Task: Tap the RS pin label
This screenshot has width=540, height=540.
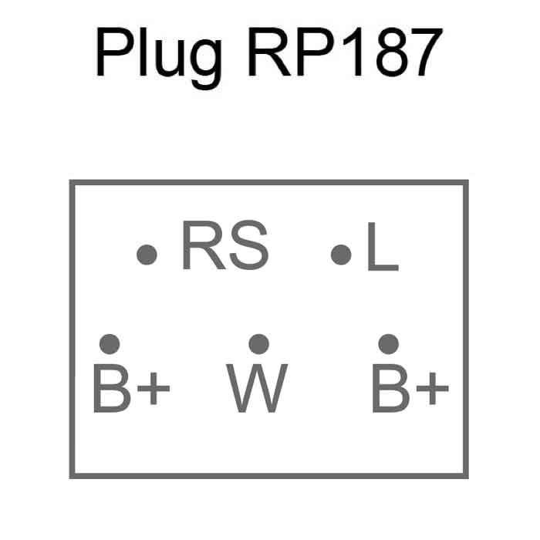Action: point(224,247)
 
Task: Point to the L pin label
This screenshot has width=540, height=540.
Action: point(382,248)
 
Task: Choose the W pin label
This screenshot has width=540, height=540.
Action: point(258,387)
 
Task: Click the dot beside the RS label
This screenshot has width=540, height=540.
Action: point(147,254)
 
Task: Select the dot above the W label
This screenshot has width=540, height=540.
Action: point(258,343)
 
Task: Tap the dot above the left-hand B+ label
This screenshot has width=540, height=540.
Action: point(110,343)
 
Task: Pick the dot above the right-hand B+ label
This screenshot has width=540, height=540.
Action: point(389,343)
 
